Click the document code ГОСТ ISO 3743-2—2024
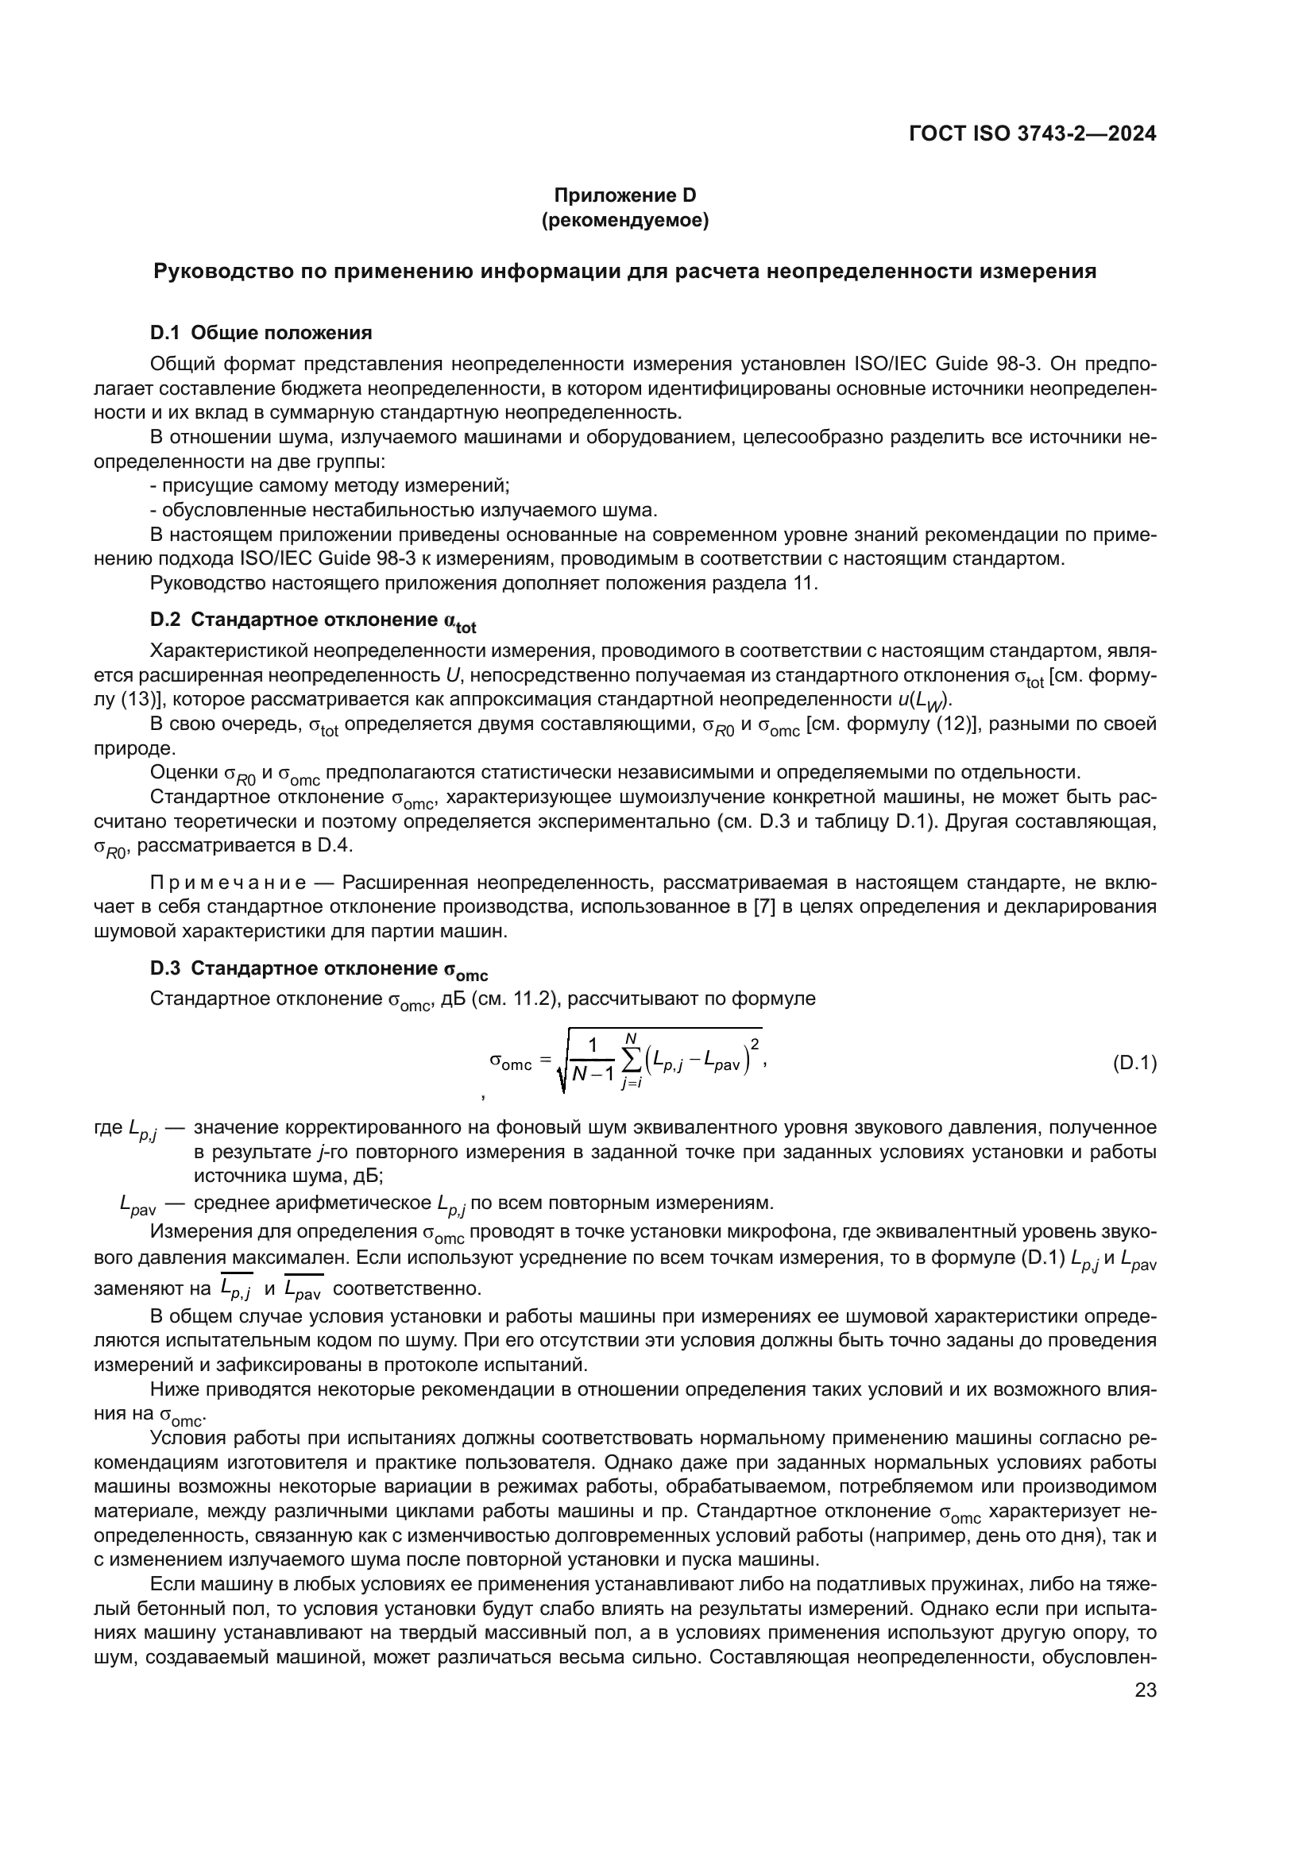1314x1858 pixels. pyautogui.click(x=1033, y=134)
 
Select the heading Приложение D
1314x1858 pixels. pyautogui.click(x=624, y=195)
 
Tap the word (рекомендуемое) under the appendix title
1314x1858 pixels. pyautogui.click(x=624, y=220)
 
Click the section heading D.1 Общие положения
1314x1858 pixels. pyautogui.click(x=261, y=333)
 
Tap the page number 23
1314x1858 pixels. pyautogui.click(x=1146, y=1690)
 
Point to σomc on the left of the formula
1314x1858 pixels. pyautogui.click(x=511, y=1062)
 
